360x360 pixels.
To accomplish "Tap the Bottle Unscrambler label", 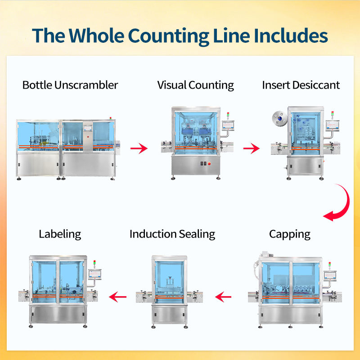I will (x=70, y=85).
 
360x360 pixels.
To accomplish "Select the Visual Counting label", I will (x=196, y=85).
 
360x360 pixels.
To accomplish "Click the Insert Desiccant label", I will (x=301, y=85).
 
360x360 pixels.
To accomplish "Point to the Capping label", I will (x=290, y=234).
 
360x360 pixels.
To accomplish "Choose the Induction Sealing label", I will (x=172, y=234).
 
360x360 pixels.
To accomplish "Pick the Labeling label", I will (x=60, y=234).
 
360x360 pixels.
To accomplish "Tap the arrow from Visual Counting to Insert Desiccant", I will (x=252, y=148).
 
